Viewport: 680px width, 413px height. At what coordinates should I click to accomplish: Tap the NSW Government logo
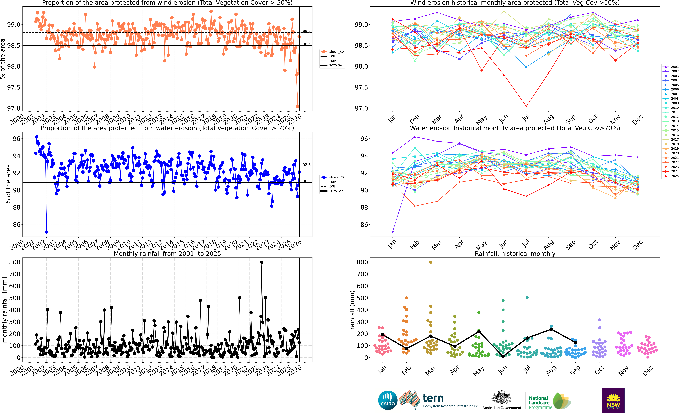pos(613,400)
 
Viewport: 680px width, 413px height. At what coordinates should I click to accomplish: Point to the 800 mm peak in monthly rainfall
pos(262,262)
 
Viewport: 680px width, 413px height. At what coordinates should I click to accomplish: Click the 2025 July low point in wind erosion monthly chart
pos(526,106)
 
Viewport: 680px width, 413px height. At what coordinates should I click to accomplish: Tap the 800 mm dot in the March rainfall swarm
pos(430,262)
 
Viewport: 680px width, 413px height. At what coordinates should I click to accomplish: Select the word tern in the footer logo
pos(433,398)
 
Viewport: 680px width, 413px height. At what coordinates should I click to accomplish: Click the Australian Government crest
pos(501,398)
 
